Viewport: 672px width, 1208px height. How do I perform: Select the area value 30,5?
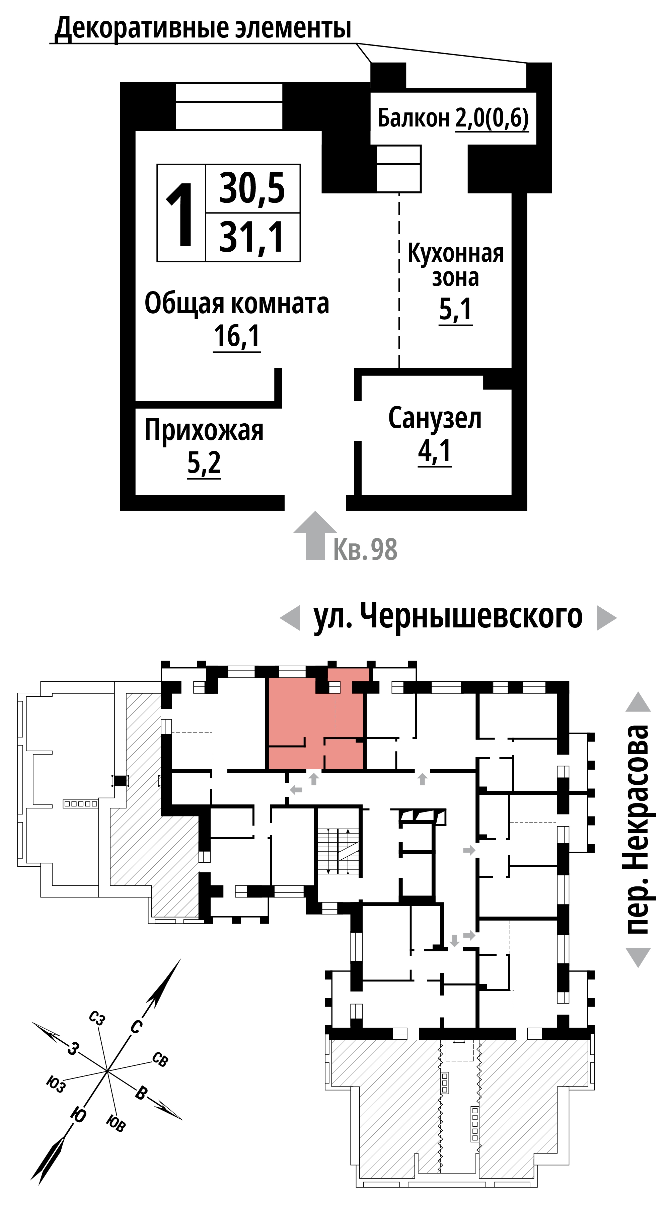pyautogui.click(x=252, y=188)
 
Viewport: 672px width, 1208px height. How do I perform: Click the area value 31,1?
pyautogui.click(x=252, y=237)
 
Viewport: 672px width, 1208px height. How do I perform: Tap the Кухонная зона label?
pyautogui.click(x=455, y=265)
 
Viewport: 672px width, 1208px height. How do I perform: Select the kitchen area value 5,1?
pyautogui.click(x=455, y=310)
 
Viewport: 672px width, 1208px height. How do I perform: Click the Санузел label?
pyautogui.click(x=435, y=418)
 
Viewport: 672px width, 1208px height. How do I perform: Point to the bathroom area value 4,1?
pyautogui.click(x=435, y=451)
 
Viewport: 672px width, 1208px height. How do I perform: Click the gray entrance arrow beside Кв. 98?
pyautogui.click(x=315, y=535)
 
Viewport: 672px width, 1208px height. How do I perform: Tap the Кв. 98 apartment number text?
pyautogui.click(x=365, y=549)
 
